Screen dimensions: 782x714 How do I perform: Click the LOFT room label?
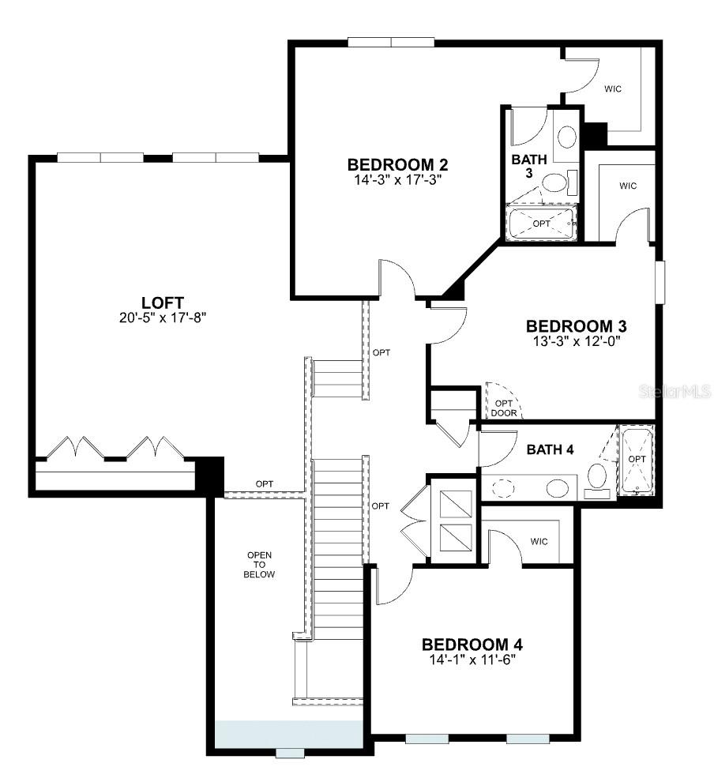[x=163, y=303]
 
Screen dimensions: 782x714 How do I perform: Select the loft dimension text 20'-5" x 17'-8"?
[x=163, y=318]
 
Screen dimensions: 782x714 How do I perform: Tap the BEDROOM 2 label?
[x=398, y=164]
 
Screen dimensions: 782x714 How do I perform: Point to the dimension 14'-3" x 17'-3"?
[x=398, y=179]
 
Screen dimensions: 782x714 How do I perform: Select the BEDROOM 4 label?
[x=472, y=644]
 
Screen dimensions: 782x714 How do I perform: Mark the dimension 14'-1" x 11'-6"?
[x=472, y=659]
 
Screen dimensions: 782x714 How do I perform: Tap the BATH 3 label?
[x=528, y=166]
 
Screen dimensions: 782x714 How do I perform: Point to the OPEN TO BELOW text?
[x=260, y=565]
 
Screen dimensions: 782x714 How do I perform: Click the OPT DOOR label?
[x=503, y=408]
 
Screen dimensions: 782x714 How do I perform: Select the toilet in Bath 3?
[x=556, y=184]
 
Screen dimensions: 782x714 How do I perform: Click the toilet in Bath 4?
[x=598, y=478]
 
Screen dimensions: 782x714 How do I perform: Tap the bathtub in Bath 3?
[x=542, y=224]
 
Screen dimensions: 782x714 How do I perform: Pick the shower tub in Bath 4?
[x=636, y=460]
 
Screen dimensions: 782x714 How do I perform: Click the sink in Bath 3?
[x=566, y=137]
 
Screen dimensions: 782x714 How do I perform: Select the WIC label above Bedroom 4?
[x=539, y=542]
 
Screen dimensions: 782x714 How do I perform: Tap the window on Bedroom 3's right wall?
[x=659, y=280]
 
